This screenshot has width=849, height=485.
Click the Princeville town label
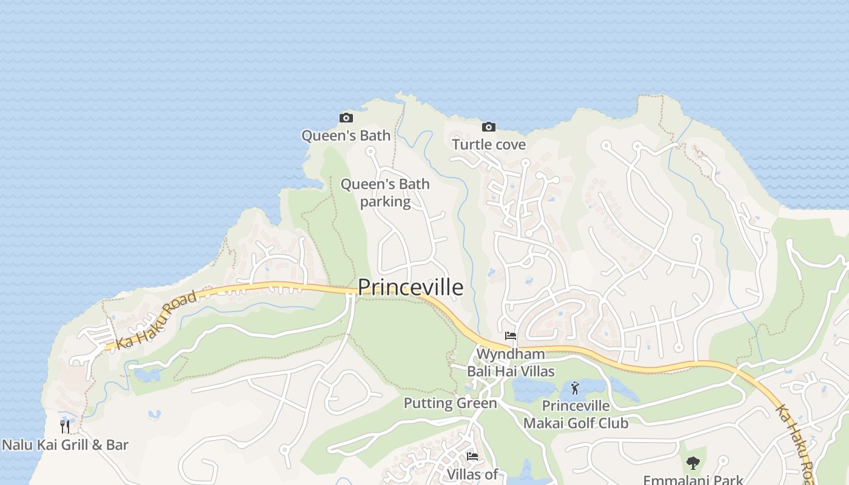(x=411, y=287)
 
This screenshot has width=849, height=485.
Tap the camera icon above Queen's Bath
(x=346, y=118)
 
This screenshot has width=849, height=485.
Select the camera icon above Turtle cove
(x=489, y=127)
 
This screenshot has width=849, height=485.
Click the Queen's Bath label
(x=346, y=135)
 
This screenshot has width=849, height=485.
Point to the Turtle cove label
(x=489, y=144)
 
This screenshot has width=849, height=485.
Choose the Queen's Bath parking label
(x=385, y=192)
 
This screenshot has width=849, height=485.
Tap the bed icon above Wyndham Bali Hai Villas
(x=511, y=336)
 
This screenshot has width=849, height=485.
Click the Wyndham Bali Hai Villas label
(x=511, y=362)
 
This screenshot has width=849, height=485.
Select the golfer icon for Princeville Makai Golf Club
(x=576, y=388)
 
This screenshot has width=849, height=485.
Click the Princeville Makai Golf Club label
(x=576, y=414)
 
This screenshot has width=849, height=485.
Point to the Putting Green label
(x=450, y=403)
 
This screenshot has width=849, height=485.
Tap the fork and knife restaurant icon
(x=65, y=427)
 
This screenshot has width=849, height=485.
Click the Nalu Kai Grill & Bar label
(x=65, y=445)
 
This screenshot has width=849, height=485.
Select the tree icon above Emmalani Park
(x=693, y=464)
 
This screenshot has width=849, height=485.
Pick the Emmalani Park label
(x=693, y=480)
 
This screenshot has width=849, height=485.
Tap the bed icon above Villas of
(x=472, y=457)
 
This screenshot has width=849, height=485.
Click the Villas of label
(x=472, y=474)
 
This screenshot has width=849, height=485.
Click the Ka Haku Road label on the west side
(x=157, y=319)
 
